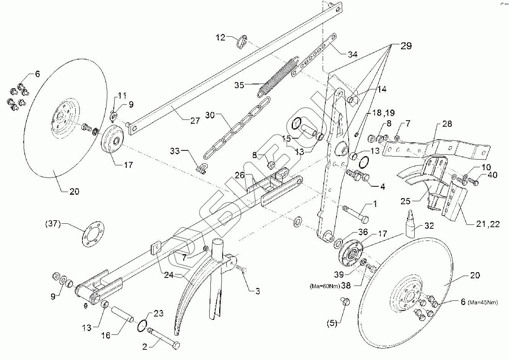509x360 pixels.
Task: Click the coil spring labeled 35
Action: [x=278, y=76]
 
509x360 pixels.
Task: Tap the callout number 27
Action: [x=194, y=121]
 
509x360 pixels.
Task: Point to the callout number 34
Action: [x=352, y=55]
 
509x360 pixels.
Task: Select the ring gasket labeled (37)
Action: [x=93, y=236]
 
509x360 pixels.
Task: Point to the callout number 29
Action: [x=406, y=46]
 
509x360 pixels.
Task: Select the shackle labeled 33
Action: [x=201, y=167]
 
